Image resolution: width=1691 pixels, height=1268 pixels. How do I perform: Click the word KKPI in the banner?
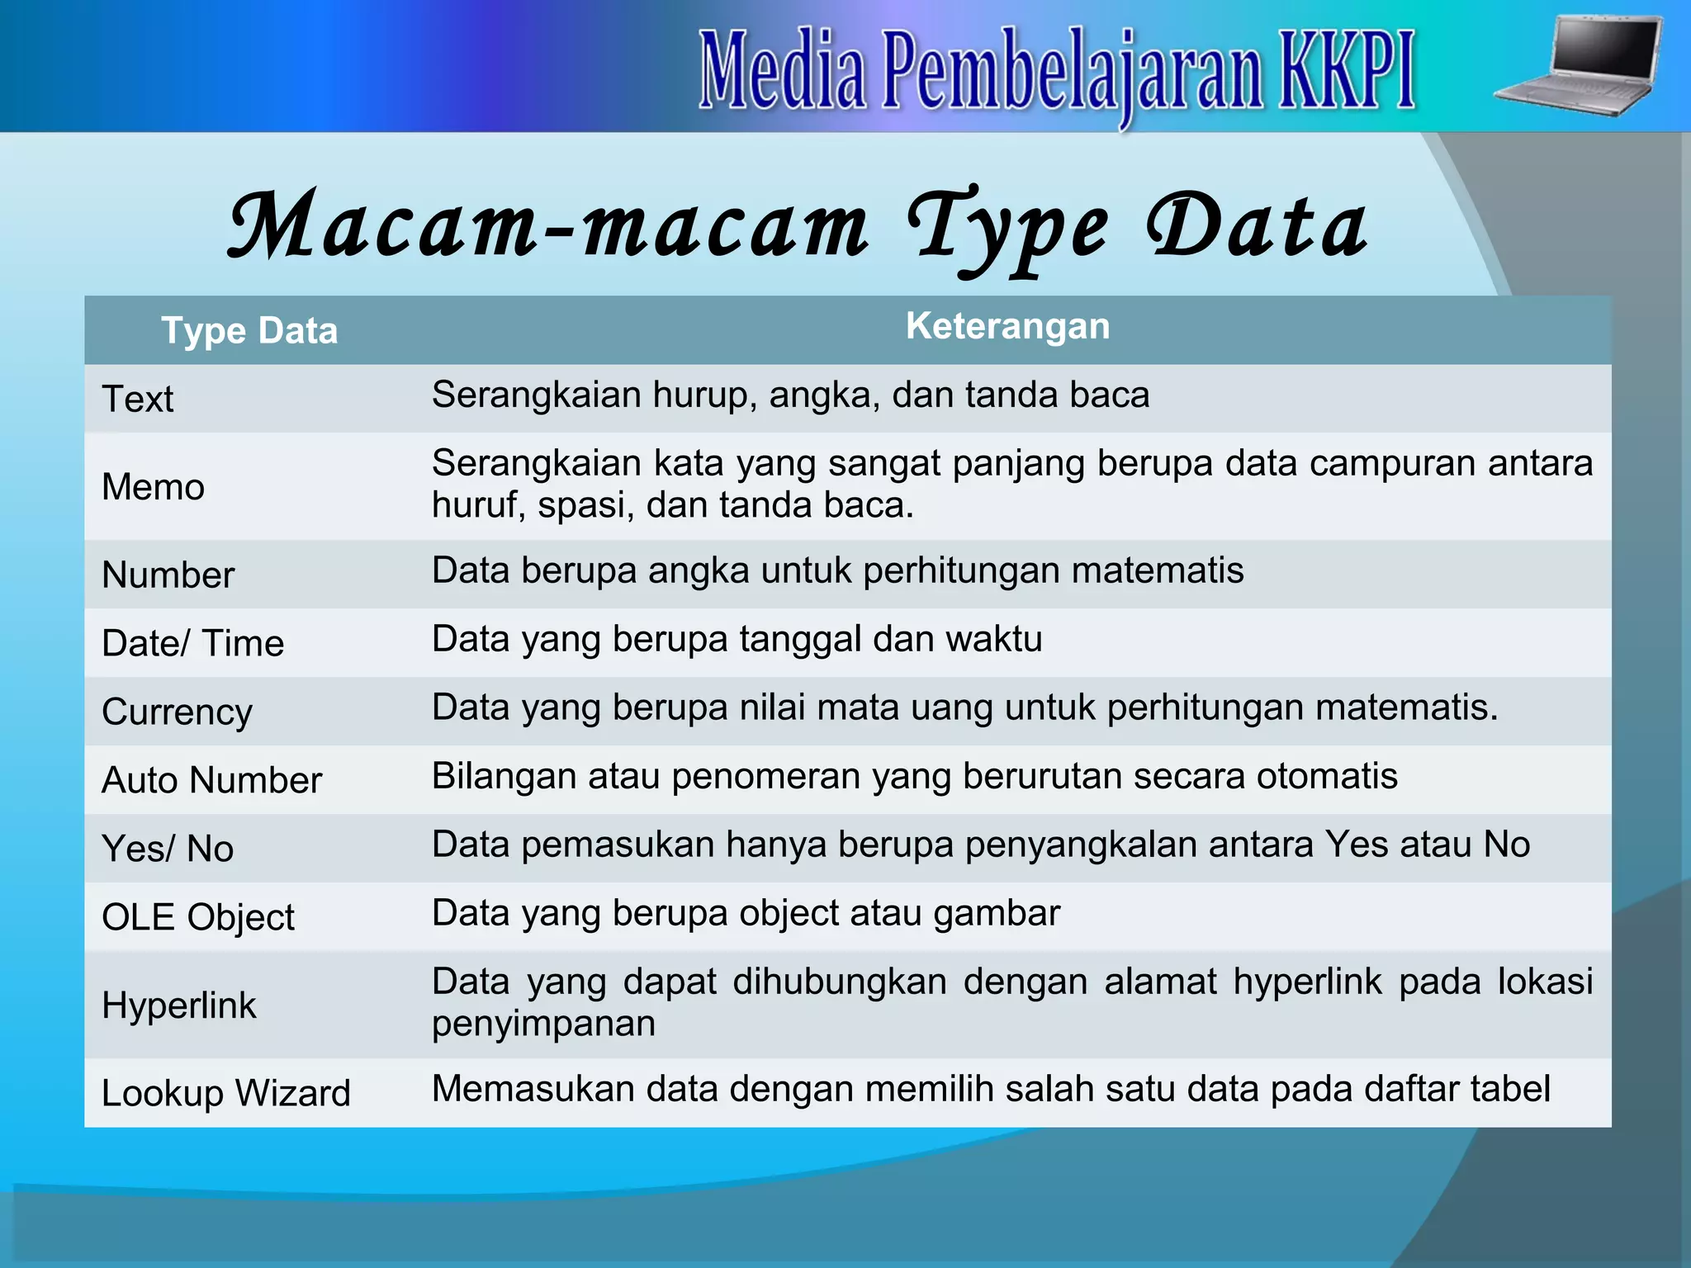1347,71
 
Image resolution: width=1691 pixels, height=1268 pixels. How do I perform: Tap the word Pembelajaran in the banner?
1071,73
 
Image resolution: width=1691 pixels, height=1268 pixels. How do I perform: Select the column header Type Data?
249,331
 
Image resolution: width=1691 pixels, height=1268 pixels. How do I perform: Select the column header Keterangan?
1007,326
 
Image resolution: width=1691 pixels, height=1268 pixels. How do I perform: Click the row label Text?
138,400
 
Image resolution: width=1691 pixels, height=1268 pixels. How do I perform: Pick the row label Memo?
153,487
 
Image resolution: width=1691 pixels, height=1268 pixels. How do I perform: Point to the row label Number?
168,575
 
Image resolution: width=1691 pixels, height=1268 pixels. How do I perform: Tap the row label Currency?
177,712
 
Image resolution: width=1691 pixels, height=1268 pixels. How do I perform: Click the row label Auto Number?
211,781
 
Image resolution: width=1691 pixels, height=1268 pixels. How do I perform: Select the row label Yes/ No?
168,849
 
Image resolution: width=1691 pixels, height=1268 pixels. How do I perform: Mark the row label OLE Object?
197,918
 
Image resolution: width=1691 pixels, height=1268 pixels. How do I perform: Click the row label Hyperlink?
178,1005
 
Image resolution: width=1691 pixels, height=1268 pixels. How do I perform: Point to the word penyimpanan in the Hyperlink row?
543,1024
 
